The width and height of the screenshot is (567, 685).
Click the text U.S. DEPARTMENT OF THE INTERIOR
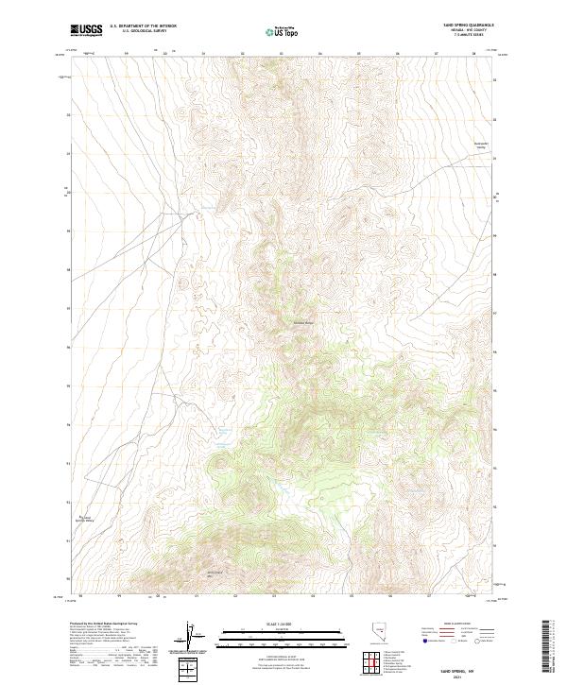tap(143, 26)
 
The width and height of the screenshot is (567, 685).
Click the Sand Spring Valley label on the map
tap(85, 519)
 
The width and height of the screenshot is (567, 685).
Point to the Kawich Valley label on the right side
tap(479, 146)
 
